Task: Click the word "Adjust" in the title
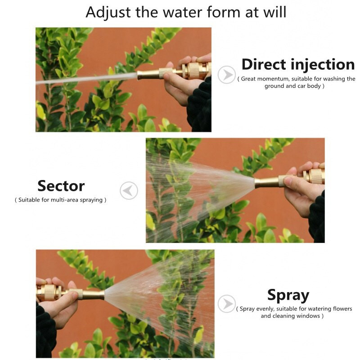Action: (x=108, y=13)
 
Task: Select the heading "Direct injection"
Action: (x=298, y=65)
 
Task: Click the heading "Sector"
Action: (x=61, y=186)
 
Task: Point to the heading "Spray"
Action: (x=288, y=296)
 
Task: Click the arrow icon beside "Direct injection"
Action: (x=227, y=75)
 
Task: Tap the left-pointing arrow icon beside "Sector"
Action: (x=129, y=190)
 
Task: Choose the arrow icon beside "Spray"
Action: (x=227, y=303)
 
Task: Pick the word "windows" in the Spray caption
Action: (x=308, y=316)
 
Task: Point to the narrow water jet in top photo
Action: (x=86, y=78)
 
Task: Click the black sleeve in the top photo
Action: (x=199, y=106)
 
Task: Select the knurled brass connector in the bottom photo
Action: (x=49, y=292)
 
